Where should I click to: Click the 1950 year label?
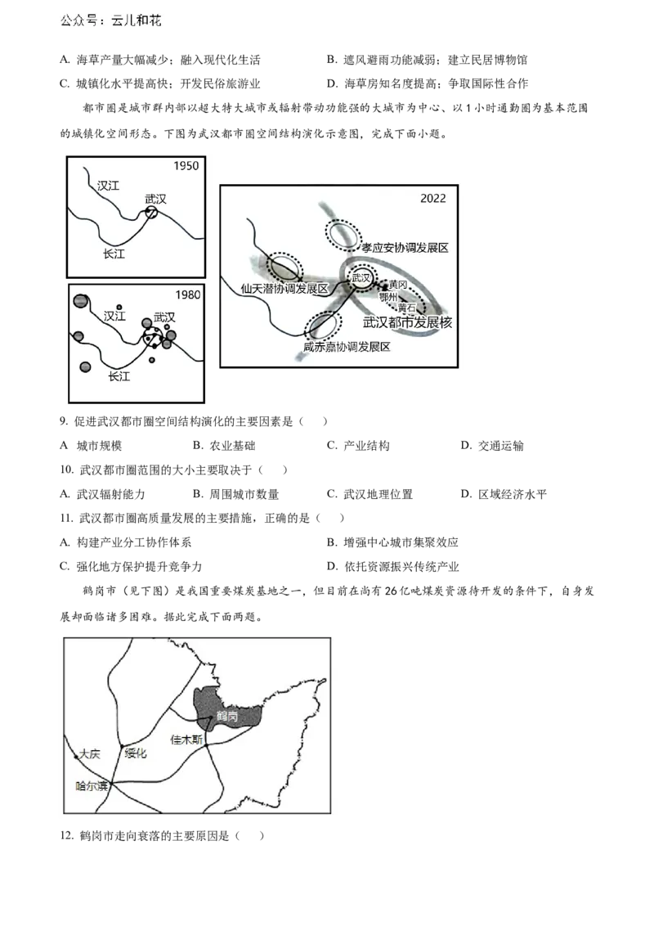[x=186, y=166]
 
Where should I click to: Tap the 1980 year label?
[x=188, y=294]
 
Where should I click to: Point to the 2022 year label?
[x=432, y=199]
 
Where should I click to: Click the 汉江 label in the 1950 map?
[x=108, y=186]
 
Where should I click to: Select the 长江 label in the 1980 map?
[x=119, y=375]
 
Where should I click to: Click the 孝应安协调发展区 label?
[x=405, y=248]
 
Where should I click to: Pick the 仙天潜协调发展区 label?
[x=284, y=289]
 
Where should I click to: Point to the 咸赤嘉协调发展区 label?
[x=347, y=347]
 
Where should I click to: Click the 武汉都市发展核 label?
[x=407, y=322]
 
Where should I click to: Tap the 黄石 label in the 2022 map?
[x=406, y=308]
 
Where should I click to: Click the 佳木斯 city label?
[x=186, y=739]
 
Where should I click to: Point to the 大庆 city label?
[x=90, y=754]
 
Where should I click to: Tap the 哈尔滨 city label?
[x=92, y=786]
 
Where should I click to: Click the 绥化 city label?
[x=136, y=753]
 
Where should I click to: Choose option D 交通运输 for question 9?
[x=492, y=446]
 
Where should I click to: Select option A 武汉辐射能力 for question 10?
[x=102, y=494]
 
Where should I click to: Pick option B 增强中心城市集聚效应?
[x=392, y=542]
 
